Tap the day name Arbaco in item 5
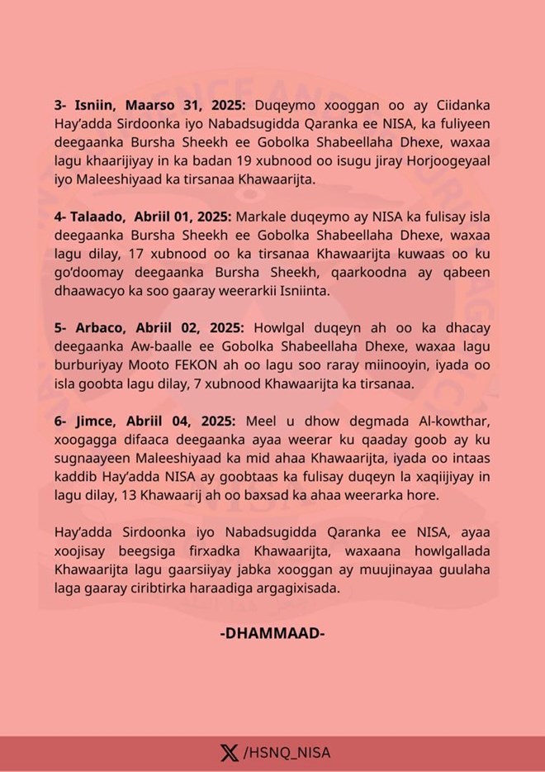[x=95, y=327]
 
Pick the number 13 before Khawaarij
[x=123, y=494]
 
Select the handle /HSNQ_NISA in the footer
[x=287, y=752]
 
